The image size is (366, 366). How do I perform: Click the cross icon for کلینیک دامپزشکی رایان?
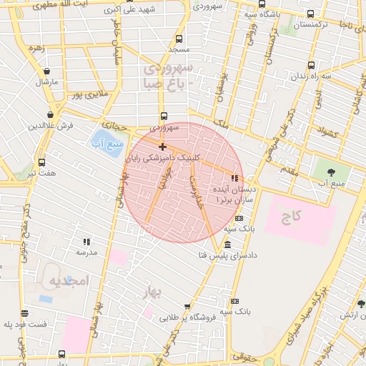[162, 147]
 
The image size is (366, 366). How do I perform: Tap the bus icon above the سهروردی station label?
[164, 116]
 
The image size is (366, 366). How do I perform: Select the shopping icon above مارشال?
[47, 71]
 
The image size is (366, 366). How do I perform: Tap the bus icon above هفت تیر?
[41, 162]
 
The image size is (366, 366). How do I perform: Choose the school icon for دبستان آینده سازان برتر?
[234, 177]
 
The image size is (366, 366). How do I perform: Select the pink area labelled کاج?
[299, 215]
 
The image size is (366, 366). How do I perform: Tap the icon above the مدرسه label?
[86, 242]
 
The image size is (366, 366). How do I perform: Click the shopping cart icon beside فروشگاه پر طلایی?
[187, 307]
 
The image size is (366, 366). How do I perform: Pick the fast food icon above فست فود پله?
[25, 313]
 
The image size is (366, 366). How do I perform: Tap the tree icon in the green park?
[331, 172]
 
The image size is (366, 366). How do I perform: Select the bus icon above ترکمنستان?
[310, 14]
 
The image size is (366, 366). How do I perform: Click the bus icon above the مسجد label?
[178, 39]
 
